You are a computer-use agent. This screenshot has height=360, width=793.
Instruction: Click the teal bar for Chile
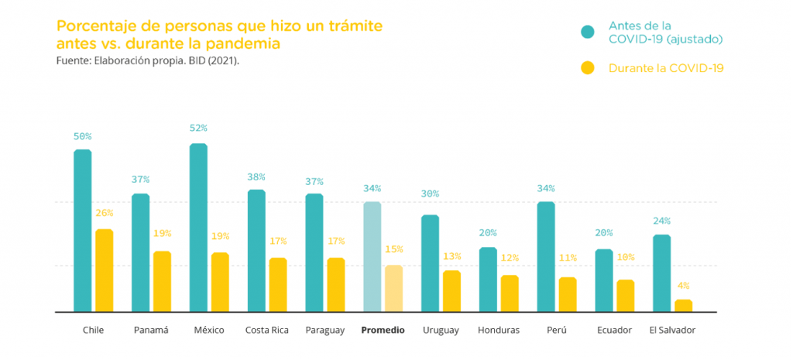tap(83, 231)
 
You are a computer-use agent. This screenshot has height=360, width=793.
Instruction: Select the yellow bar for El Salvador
tap(683, 306)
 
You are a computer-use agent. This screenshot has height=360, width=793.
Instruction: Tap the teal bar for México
tap(198, 228)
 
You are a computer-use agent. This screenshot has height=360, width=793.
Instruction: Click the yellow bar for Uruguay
tap(451, 291)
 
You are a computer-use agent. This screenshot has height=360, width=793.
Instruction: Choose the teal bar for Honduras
tap(488, 279)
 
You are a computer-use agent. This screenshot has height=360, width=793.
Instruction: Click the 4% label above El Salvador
tap(683, 286)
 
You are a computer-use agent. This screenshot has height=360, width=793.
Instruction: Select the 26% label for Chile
tap(104, 213)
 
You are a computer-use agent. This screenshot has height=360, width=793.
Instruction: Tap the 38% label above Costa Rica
tap(256, 176)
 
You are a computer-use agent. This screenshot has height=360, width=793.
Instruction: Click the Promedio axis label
tap(383, 331)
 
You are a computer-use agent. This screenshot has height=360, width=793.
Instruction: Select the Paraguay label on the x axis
tap(324, 331)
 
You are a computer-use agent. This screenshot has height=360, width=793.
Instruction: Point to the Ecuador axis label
tap(615, 331)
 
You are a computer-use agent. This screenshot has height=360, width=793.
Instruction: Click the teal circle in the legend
tap(588, 32)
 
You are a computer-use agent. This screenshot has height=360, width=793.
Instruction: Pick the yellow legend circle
tap(588, 68)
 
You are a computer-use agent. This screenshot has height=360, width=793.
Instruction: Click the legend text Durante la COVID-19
tap(666, 68)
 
